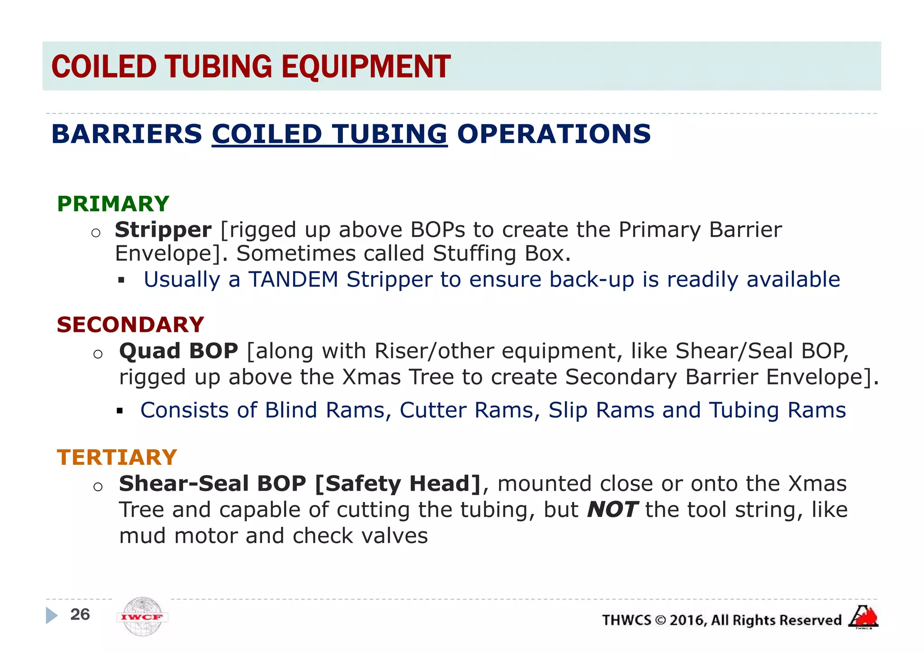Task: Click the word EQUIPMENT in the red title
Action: [x=366, y=67]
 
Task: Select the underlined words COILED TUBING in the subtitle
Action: [x=329, y=134]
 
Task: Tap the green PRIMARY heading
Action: [x=113, y=204]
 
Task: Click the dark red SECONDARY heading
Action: [x=130, y=325]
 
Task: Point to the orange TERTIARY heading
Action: [x=117, y=457]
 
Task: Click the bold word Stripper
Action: [x=163, y=230]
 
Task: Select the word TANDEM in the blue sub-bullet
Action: [x=293, y=280]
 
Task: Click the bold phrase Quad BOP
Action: [x=179, y=351]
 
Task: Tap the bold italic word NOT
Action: [x=612, y=510]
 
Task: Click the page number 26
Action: [x=80, y=615]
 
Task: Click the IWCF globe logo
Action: [x=142, y=616]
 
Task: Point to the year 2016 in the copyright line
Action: [x=687, y=621]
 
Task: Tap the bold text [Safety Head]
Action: [x=398, y=484]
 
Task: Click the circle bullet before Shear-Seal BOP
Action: [x=98, y=487]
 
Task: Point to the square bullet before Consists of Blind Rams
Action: [x=120, y=411]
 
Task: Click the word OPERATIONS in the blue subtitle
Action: [x=554, y=134]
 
